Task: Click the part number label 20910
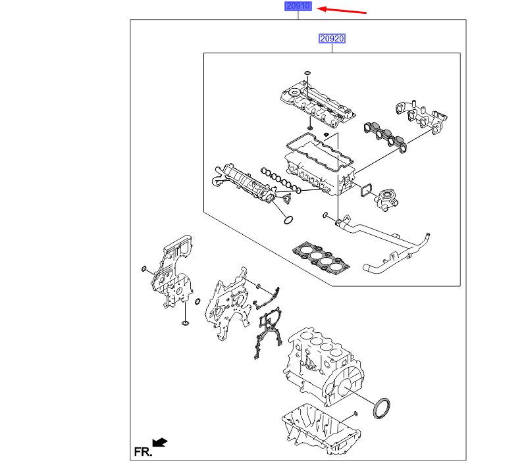click(298, 6)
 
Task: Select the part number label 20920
click(332, 39)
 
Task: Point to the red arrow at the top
click(342, 10)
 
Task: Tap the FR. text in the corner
click(143, 452)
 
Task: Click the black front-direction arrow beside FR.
click(160, 442)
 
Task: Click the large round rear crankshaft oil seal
click(381, 408)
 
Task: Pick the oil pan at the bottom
click(321, 430)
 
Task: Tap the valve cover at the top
click(317, 105)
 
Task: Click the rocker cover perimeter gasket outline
click(320, 151)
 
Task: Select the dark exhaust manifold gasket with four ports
click(385, 137)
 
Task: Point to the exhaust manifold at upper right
click(422, 117)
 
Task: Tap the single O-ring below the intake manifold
click(288, 220)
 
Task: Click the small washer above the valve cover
click(308, 73)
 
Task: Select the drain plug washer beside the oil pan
click(355, 414)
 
